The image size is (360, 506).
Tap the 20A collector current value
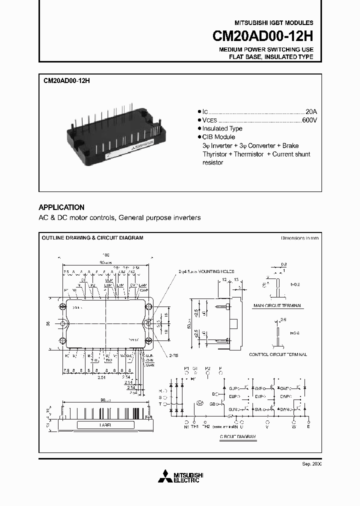(311, 111)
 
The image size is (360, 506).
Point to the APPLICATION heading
(61, 207)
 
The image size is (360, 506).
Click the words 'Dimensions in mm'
(299, 238)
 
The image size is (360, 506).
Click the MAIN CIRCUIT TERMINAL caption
(279, 305)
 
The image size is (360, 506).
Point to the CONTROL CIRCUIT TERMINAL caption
(278, 354)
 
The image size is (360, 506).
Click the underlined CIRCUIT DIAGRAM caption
(238, 436)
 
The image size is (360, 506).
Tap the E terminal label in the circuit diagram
(308, 426)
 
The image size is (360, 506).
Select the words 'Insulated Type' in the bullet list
(222, 128)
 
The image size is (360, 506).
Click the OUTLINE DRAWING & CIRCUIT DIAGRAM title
(92, 238)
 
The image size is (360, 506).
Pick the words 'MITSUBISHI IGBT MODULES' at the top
(274, 23)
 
